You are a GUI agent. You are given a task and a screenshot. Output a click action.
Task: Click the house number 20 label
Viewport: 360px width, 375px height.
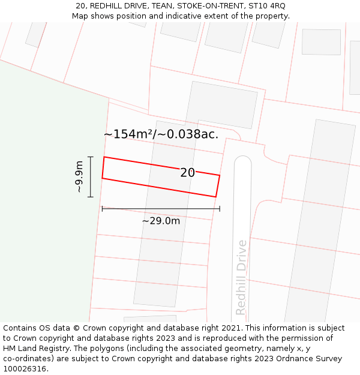pos(187,173)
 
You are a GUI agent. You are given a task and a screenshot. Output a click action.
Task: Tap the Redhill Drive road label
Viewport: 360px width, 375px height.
pos(241,277)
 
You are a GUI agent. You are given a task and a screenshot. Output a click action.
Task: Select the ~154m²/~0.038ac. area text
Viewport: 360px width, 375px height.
pos(161,134)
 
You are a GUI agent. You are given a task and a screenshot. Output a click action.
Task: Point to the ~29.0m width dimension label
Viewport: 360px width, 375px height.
pos(161,221)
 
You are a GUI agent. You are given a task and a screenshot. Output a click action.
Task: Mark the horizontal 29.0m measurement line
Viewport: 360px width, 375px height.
pos(161,209)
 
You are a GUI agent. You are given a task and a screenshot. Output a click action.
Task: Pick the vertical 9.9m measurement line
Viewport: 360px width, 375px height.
pos(91,177)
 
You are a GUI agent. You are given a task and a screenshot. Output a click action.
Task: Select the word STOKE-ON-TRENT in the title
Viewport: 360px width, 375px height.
pos(205,5)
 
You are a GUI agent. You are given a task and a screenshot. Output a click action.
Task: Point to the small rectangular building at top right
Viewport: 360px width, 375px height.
pos(321,42)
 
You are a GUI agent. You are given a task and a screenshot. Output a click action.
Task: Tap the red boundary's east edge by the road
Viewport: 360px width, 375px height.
pos(217,185)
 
